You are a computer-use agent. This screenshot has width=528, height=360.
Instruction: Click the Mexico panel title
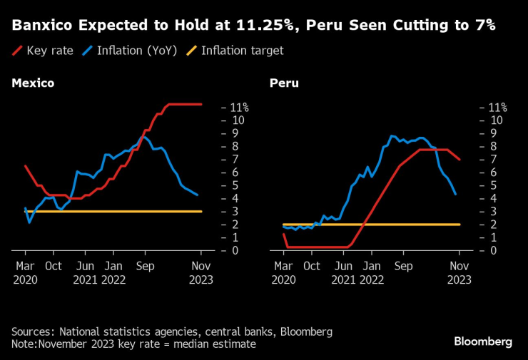coord(33,83)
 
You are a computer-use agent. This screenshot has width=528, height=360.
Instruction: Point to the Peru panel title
coord(284,83)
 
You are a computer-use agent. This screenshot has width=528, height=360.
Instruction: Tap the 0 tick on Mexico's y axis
coord(233,251)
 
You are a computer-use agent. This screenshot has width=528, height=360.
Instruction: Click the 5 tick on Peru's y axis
coord(492,185)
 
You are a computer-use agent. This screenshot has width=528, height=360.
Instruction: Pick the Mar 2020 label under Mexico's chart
coord(25,272)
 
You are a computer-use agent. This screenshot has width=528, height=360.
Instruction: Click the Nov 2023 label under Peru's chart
coord(460,272)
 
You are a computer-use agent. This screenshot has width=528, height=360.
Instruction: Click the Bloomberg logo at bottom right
coord(483,341)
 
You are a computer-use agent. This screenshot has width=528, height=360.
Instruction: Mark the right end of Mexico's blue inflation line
coord(198,195)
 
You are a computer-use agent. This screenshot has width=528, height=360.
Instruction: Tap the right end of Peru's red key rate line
coord(460,160)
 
